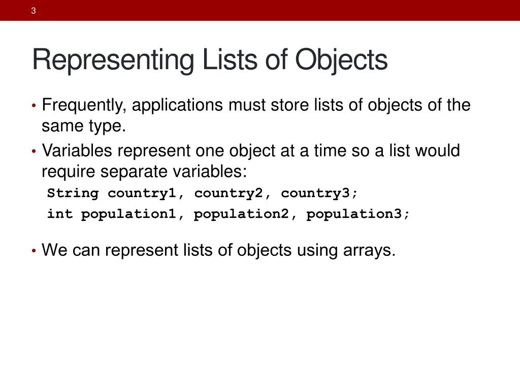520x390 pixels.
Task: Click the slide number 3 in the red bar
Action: (x=33, y=11)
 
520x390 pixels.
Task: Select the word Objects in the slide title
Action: (x=342, y=60)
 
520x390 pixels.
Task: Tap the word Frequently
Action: (x=82, y=106)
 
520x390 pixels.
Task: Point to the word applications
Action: (x=178, y=106)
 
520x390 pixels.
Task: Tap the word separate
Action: (x=134, y=172)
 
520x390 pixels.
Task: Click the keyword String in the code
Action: (x=73, y=193)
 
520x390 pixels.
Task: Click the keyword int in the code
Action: (x=60, y=214)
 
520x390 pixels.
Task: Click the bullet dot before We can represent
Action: (x=34, y=251)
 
